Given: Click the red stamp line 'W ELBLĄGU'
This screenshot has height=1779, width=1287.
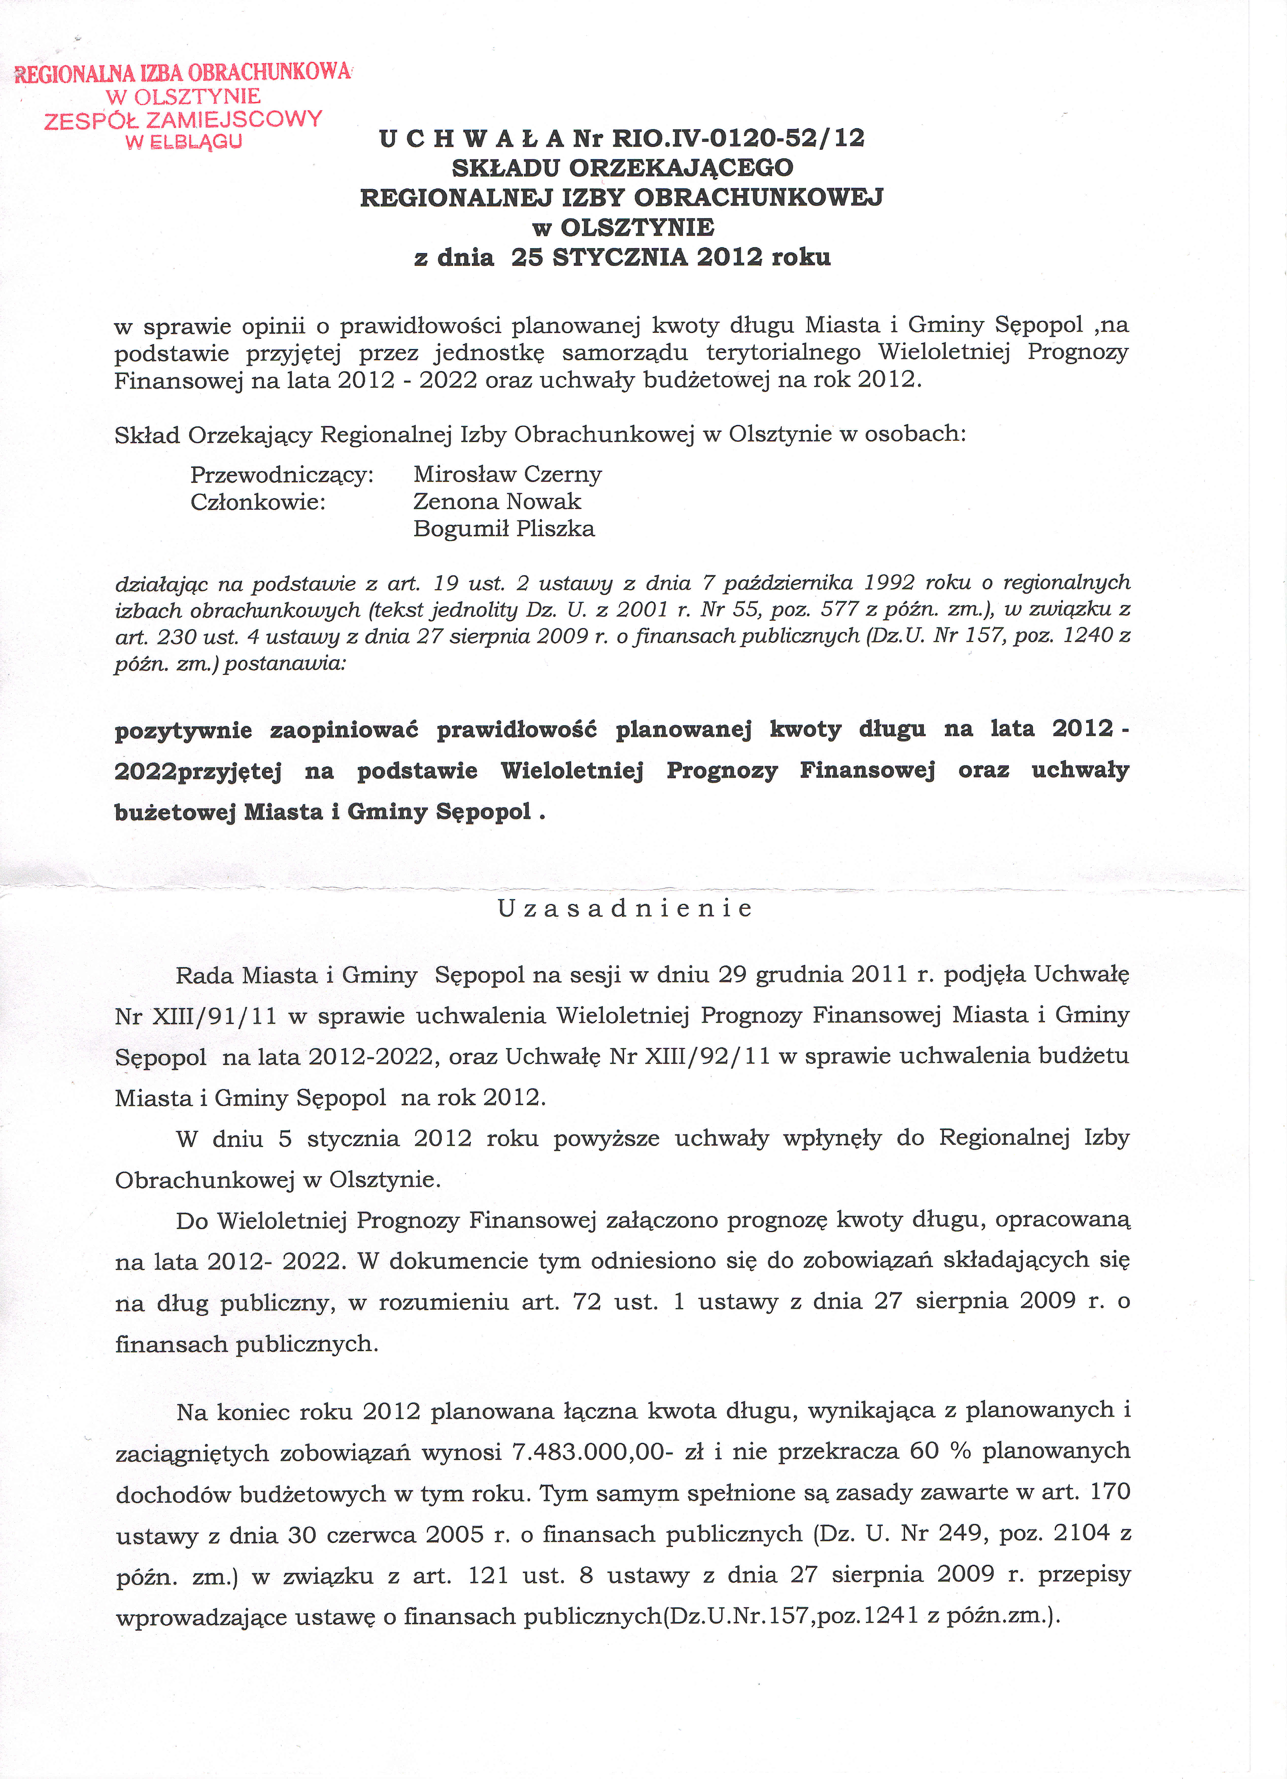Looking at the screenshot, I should (183, 142).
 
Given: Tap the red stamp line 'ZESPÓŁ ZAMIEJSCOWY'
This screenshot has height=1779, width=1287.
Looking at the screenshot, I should (183, 119).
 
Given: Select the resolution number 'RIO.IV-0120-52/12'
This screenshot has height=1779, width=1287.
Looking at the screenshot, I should (738, 138).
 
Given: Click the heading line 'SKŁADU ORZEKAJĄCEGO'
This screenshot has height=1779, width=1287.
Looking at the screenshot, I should (622, 168).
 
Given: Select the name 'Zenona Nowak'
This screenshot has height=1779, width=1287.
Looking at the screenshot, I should (497, 501).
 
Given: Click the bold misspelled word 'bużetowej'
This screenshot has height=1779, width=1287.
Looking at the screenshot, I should (175, 812).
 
